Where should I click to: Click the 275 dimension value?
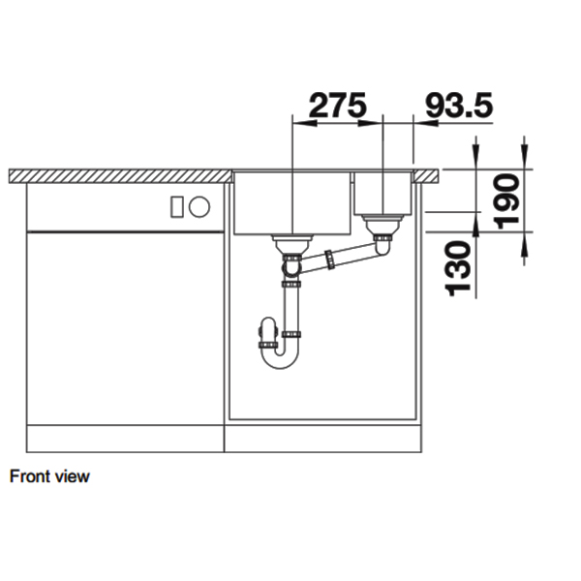tap(335, 105)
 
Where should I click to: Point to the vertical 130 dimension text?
tap(463, 268)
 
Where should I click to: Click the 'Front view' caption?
tap(49, 476)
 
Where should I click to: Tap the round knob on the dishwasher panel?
tap(199, 205)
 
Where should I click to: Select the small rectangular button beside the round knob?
tap(177, 205)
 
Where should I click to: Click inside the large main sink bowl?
tap(290, 203)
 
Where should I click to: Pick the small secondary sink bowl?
tap(383, 193)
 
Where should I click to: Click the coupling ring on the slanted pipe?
tap(332, 260)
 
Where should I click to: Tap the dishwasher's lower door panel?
tap(125, 329)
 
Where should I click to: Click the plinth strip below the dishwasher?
tap(125, 440)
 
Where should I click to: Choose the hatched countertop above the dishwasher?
tap(121, 175)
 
